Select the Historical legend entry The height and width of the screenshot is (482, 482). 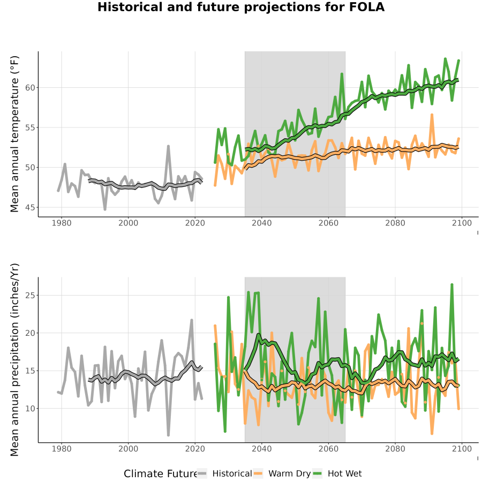click(224, 473)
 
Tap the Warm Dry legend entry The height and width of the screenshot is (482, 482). click(282, 473)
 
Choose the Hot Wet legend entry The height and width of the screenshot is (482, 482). click(337, 473)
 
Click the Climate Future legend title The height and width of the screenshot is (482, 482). click(160, 474)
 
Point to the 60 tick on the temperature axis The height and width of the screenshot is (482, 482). click(30, 88)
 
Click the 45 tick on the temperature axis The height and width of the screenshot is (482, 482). click(30, 207)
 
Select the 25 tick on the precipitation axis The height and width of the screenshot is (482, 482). click(30, 296)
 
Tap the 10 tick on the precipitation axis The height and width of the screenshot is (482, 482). click(30, 409)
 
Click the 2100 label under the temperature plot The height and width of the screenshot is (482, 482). click(462, 223)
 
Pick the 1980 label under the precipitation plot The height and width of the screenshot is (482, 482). click(62, 449)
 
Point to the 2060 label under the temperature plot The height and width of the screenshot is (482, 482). click(328, 223)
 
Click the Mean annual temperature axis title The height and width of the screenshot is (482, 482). click(14, 134)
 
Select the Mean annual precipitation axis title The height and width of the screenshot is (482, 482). click(14, 360)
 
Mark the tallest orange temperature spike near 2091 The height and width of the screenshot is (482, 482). click(432, 115)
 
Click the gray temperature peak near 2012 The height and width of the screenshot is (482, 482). click(169, 146)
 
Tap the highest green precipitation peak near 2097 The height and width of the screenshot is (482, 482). click(452, 285)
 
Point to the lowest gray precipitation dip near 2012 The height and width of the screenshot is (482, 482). click(169, 435)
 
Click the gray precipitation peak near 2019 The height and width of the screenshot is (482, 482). click(192, 320)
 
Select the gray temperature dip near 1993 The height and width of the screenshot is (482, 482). click(105, 209)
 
